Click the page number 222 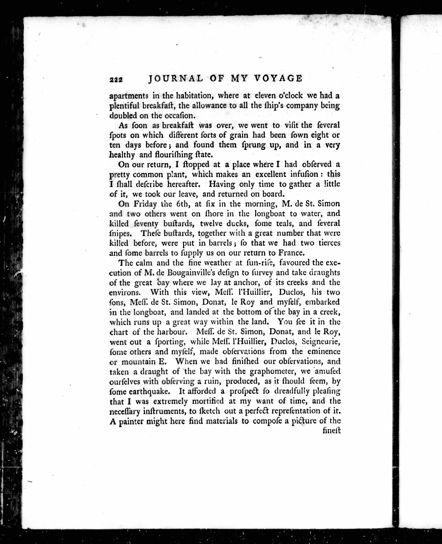[x=116, y=80]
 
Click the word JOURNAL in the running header [x=176, y=79]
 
